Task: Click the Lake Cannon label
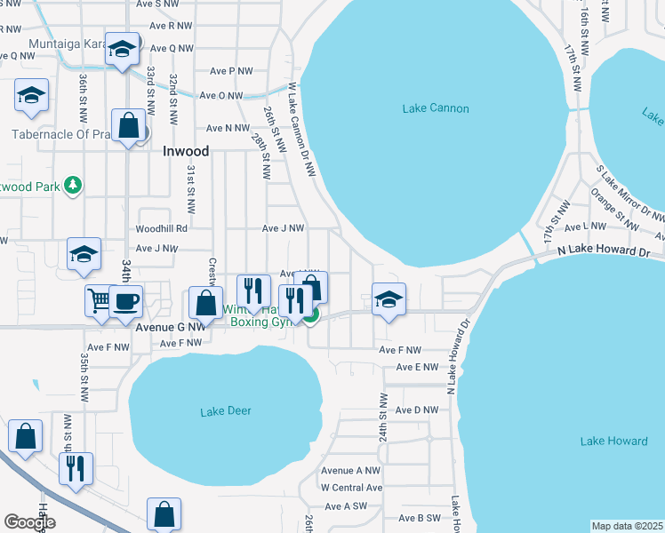(435, 108)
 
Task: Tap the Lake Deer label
(226, 410)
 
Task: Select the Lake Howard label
(613, 441)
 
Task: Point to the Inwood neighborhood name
(186, 151)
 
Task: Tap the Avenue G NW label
(170, 326)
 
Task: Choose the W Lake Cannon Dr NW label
(300, 130)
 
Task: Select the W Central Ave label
(351, 488)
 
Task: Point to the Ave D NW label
(416, 410)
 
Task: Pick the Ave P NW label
(232, 71)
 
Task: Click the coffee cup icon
(125, 300)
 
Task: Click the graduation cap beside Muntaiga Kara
(121, 48)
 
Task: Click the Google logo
(29, 522)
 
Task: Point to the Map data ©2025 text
(627, 526)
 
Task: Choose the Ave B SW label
(420, 518)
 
